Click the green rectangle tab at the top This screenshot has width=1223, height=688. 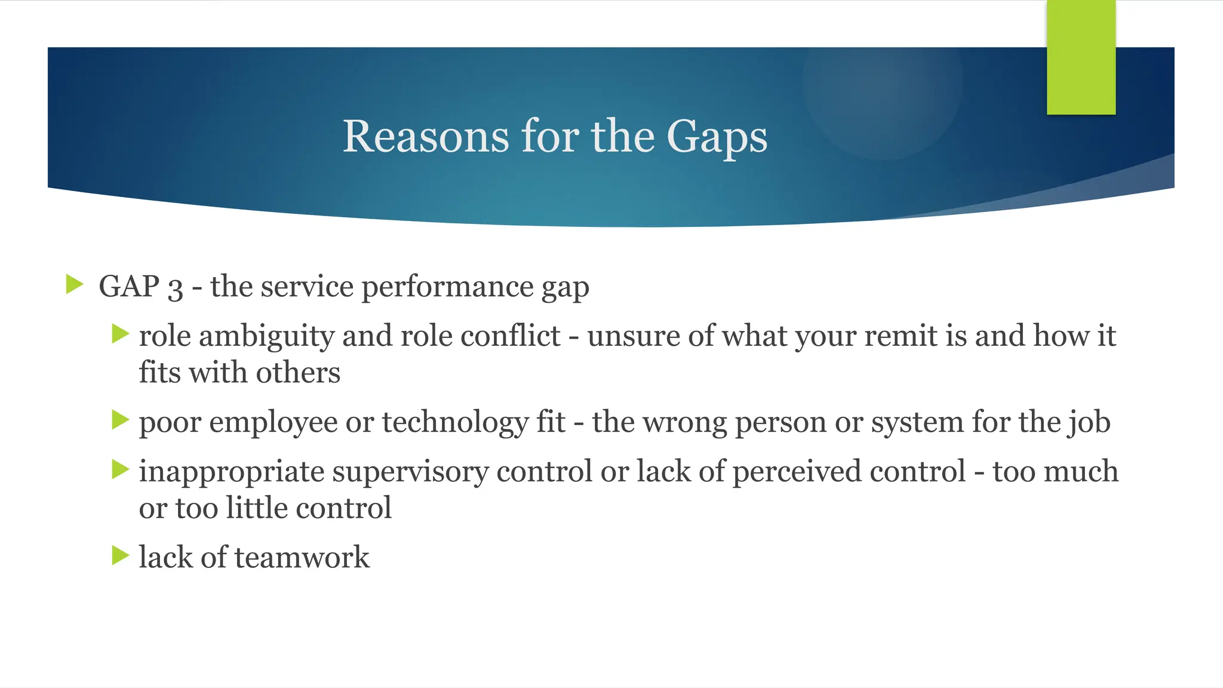[1081, 57]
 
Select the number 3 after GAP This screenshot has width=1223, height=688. [175, 288]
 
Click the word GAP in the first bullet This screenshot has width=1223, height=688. [129, 286]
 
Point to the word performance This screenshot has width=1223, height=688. [447, 287]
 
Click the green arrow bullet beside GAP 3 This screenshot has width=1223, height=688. [75, 284]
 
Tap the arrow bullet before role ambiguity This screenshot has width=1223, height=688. [121, 334]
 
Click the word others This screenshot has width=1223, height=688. [298, 373]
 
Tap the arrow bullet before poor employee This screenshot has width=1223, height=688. [121, 420]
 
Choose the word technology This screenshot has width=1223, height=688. [455, 423]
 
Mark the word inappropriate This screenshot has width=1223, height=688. [232, 472]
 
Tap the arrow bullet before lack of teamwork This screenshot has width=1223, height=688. [121, 556]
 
